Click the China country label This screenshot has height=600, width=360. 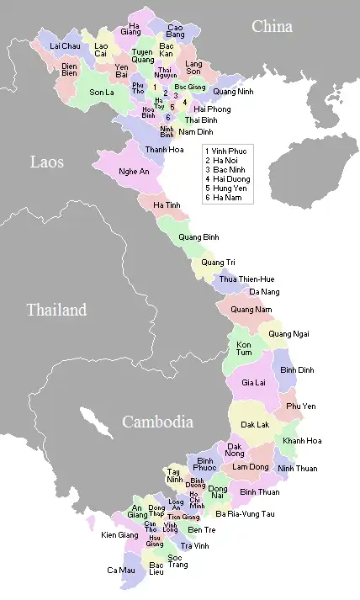pyautogui.click(x=272, y=27)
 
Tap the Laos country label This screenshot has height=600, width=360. pyautogui.click(x=47, y=162)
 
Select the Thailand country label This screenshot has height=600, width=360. pyautogui.click(x=56, y=310)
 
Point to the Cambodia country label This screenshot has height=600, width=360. pyautogui.click(x=158, y=422)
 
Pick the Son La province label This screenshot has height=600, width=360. pyautogui.click(x=102, y=93)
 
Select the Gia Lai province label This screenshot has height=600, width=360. pyautogui.click(x=253, y=382)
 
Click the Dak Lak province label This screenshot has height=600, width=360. pyautogui.click(x=255, y=426)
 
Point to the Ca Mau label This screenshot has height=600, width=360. pyautogui.click(x=120, y=570)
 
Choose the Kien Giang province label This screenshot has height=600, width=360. pyautogui.click(x=119, y=534)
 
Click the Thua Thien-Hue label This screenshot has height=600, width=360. pyautogui.click(x=246, y=279)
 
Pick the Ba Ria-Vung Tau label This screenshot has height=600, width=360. pyautogui.click(x=245, y=513)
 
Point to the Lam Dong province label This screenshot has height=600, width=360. pyautogui.click(x=251, y=466)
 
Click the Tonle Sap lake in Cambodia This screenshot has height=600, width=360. pyautogui.click(x=94, y=422)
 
